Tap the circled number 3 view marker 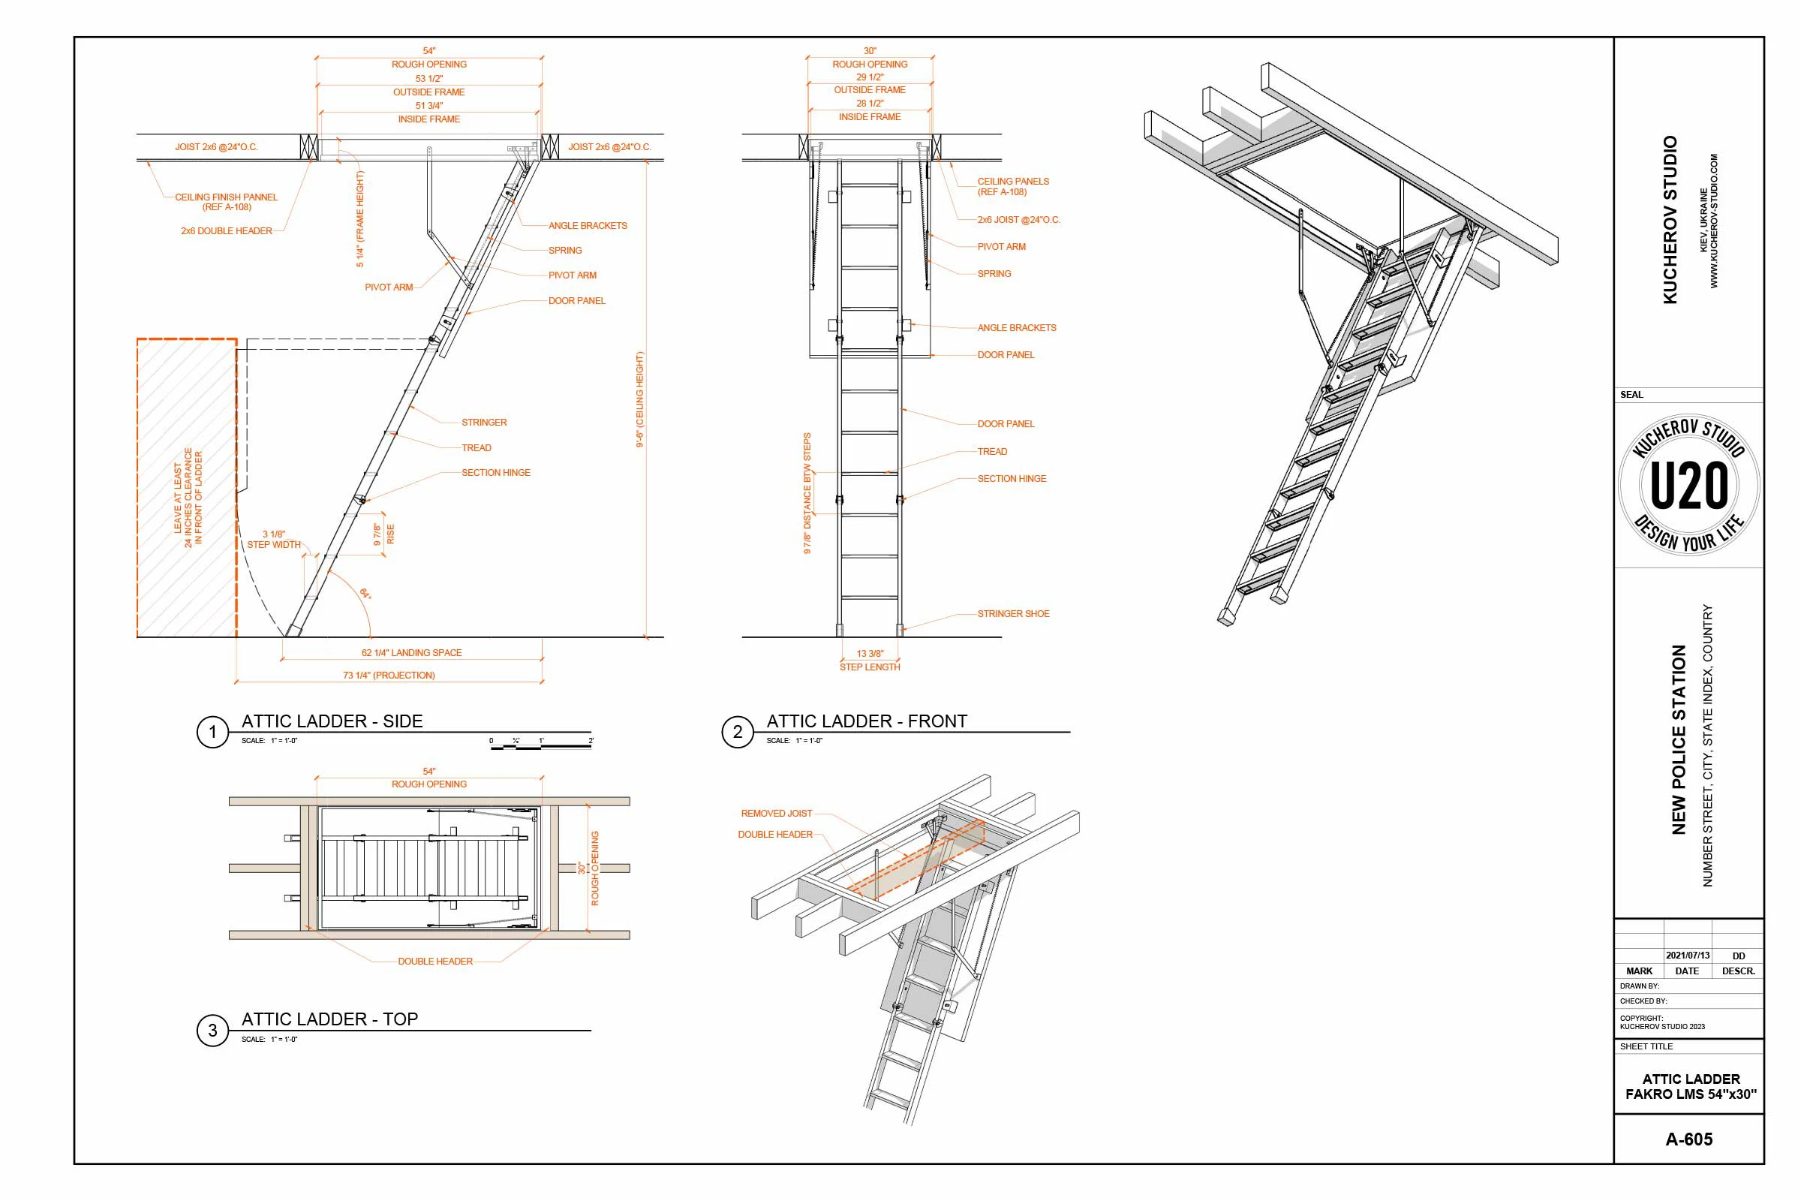coord(212,1030)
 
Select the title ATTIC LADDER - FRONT coord(866,721)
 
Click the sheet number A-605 coord(1688,1139)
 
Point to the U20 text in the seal coord(1688,486)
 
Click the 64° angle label coord(365,594)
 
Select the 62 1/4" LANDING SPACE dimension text coord(411,652)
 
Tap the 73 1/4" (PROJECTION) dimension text coord(388,676)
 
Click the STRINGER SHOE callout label coord(1012,613)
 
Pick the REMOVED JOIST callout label coord(776,814)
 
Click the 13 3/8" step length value coord(869,653)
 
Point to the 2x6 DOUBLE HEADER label coord(226,230)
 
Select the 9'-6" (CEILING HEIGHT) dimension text coord(639,399)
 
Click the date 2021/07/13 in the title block coord(1687,956)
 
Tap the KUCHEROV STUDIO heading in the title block coord(1670,220)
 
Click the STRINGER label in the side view coord(483,422)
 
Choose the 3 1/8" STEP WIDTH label coord(273,540)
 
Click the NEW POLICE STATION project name coord(1679,739)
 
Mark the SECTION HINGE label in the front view coord(1011,479)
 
